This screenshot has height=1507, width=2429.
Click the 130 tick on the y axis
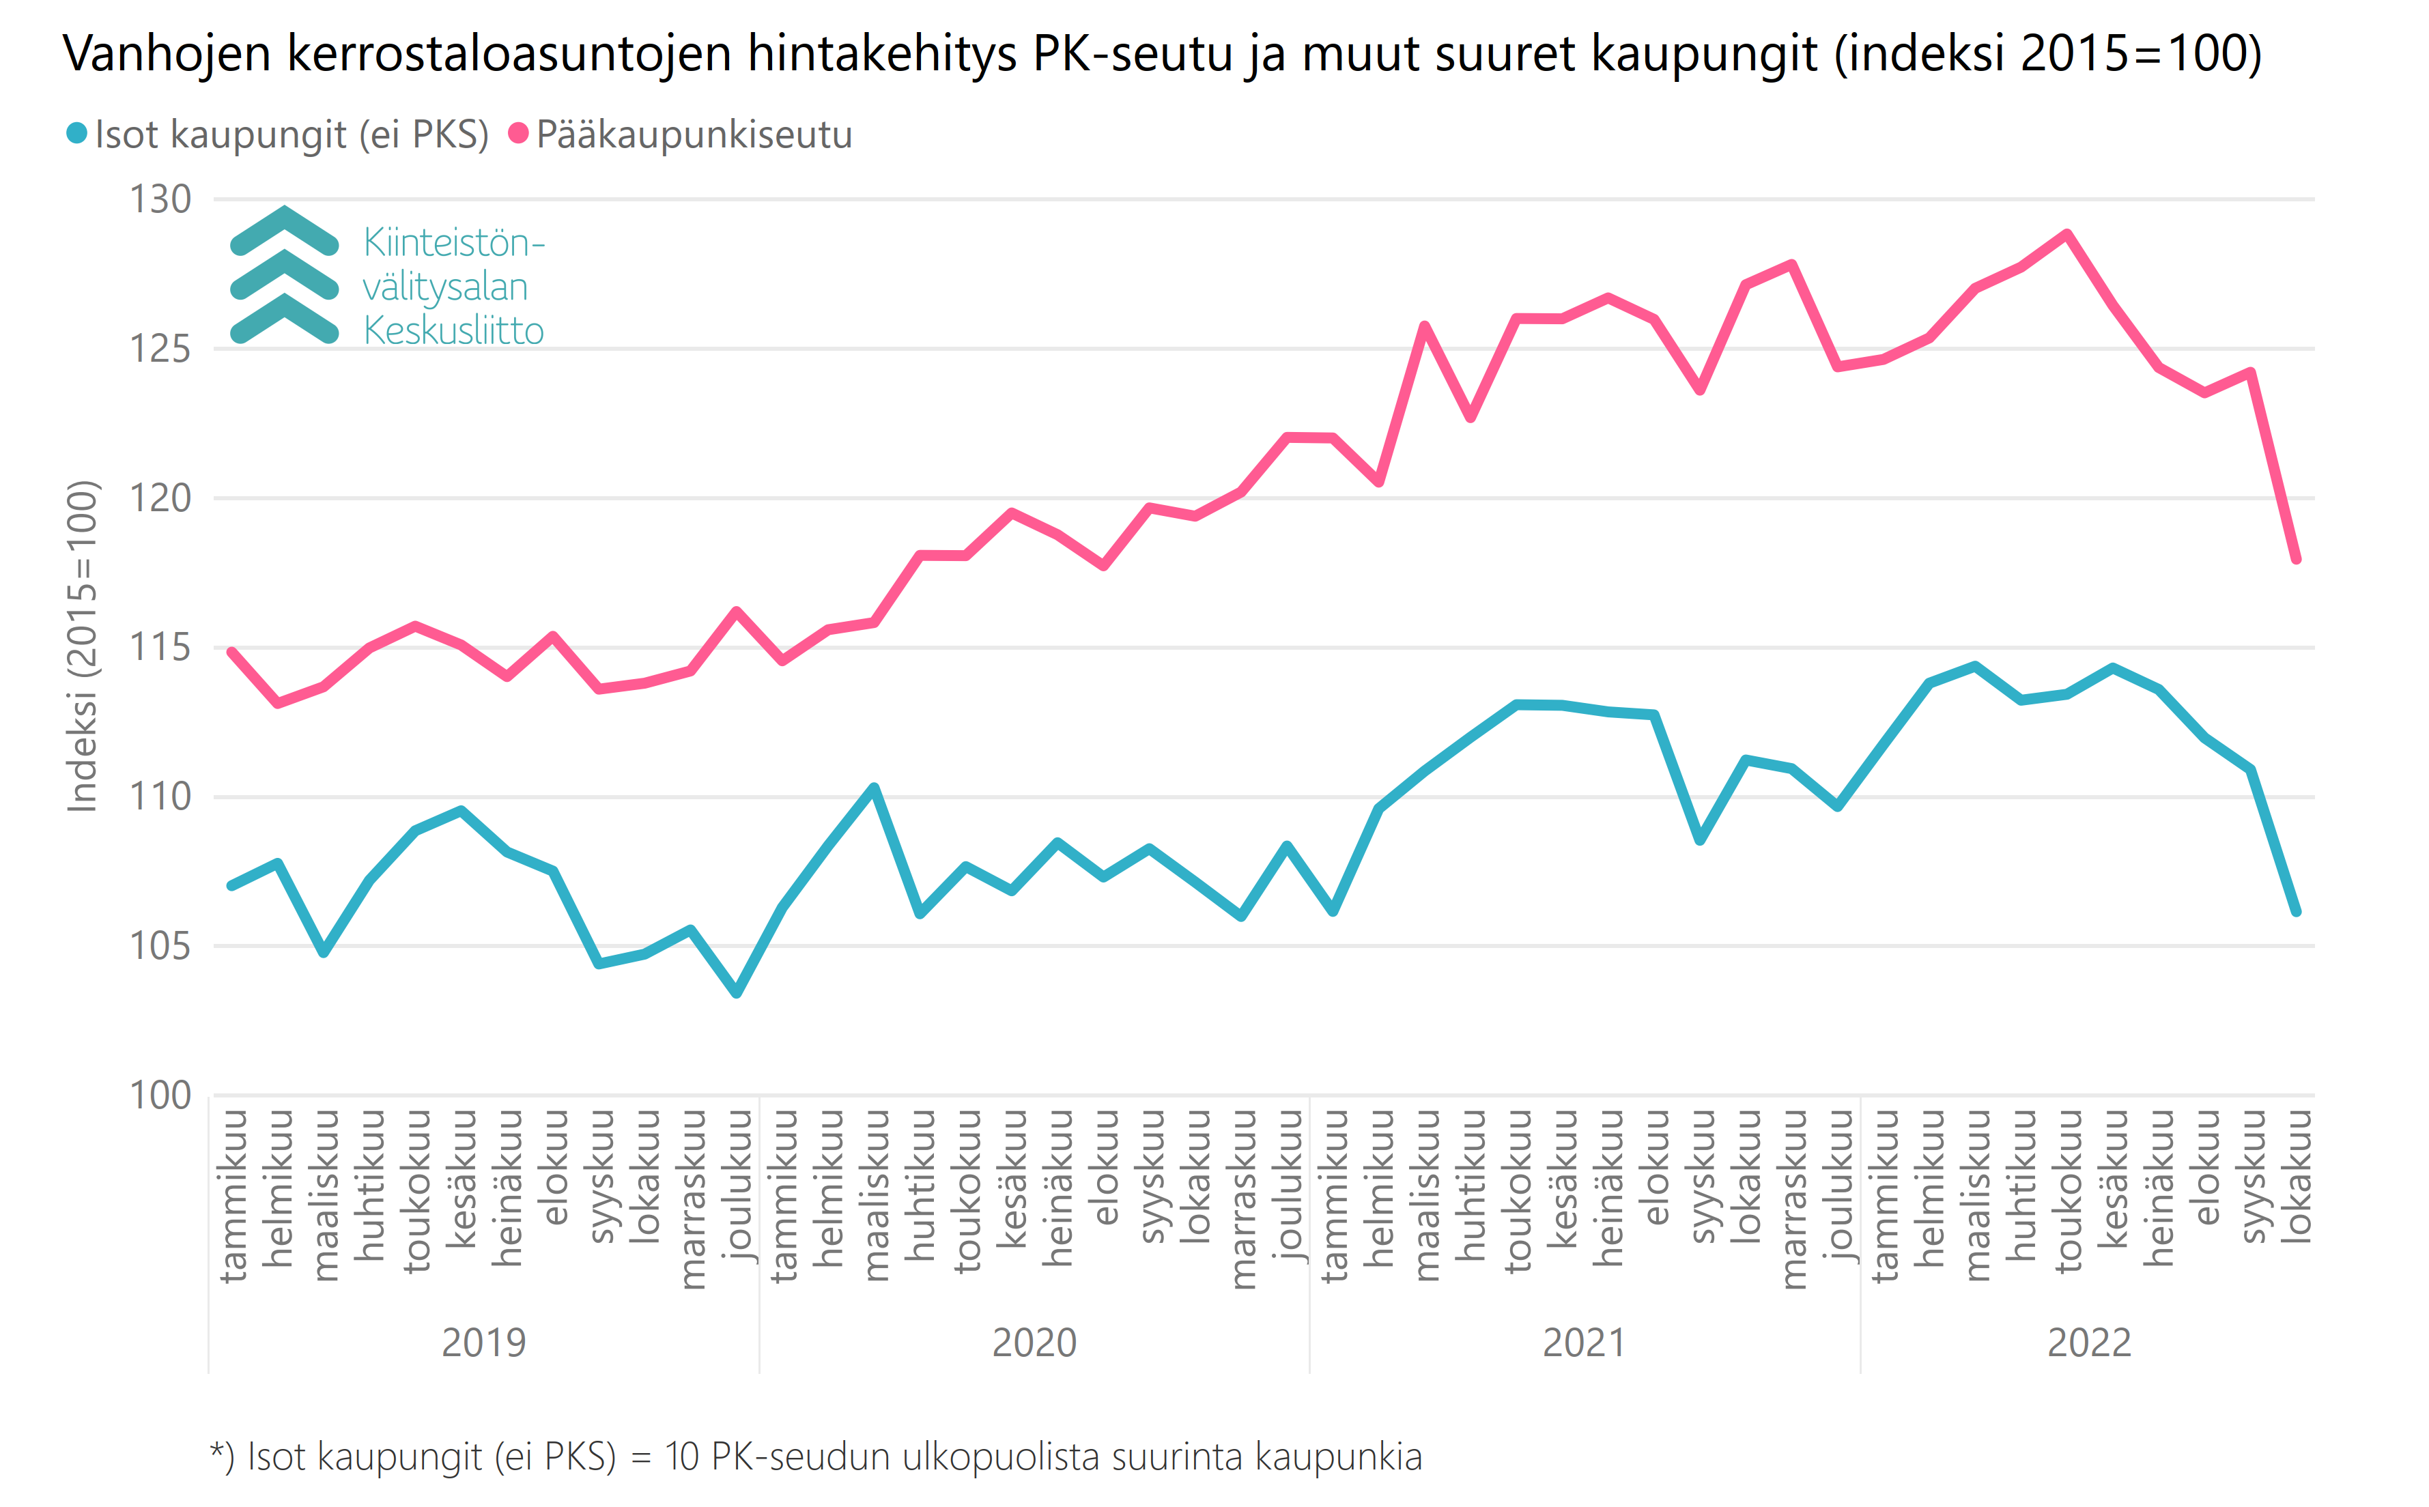(x=160, y=199)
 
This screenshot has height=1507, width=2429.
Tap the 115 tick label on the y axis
(x=160, y=648)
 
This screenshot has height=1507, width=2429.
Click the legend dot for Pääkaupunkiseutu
(x=518, y=134)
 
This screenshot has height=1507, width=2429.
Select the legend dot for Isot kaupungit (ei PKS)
(x=76, y=134)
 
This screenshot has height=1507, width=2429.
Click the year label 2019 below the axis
(x=483, y=1343)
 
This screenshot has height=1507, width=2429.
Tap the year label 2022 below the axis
(x=2089, y=1343)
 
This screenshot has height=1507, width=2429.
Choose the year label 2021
(x=1584, y=1343)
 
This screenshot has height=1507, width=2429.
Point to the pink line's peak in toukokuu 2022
(x=2067, y=234)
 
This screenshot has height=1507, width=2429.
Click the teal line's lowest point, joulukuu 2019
(x=737, y=992)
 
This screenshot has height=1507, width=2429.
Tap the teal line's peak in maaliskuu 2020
(x=874, y=788)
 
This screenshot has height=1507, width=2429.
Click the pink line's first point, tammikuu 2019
(x=231, y=652)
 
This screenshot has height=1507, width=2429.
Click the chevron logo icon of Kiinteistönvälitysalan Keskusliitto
(x=284, y=276)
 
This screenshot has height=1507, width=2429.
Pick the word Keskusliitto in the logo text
(x=453, y=330)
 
